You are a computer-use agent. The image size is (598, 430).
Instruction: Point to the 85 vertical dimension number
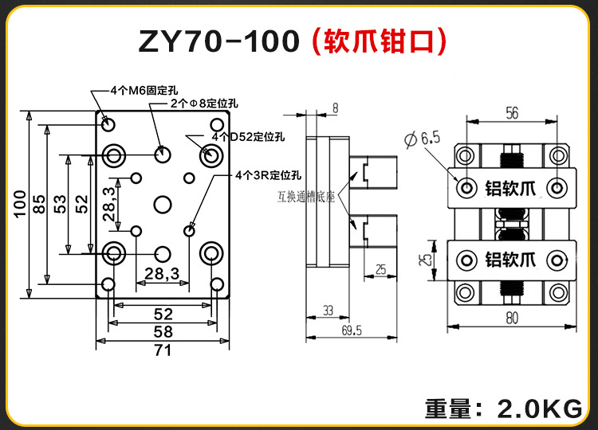[40, 204]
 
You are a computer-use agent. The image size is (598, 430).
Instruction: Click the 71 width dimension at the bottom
[163, 348]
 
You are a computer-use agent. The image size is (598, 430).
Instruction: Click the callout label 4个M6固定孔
[140, 92]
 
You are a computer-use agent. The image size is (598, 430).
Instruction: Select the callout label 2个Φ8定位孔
[203, 104]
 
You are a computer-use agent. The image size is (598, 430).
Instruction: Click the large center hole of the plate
[163, 205]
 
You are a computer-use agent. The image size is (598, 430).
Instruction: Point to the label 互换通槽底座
[307, 193]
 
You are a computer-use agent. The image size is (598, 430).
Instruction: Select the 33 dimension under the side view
[328, 310]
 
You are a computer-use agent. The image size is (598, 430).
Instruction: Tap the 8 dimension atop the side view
[335, 107]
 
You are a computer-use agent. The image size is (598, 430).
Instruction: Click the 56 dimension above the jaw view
[511, 113]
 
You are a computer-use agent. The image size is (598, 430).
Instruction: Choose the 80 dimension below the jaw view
[511, 319]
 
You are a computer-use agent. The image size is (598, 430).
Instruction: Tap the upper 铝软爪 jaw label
[511, 189]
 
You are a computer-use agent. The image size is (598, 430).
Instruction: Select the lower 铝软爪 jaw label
[511, 259]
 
